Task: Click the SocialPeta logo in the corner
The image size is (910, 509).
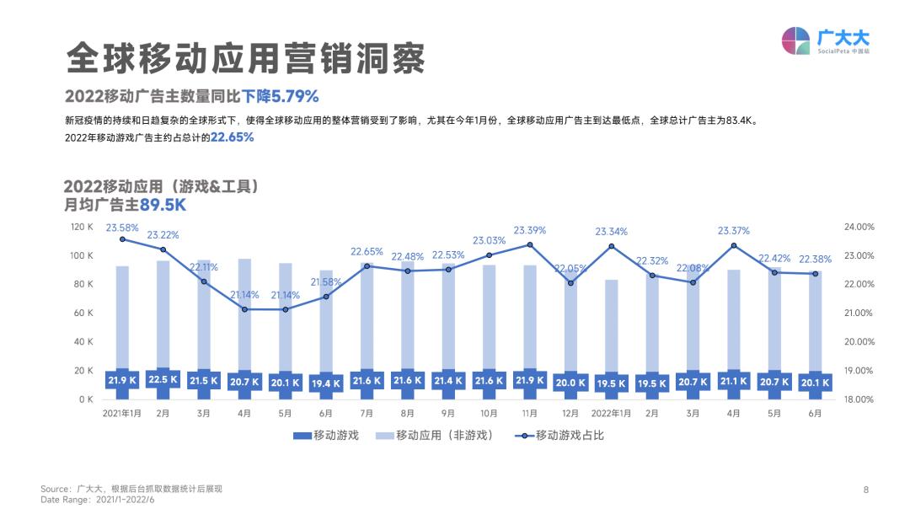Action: pos(826,40)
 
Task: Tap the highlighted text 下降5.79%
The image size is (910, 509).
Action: pos(281,95)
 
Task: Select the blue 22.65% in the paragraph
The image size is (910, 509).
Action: pos(233,137)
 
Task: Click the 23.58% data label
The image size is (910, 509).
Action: pos(122,228)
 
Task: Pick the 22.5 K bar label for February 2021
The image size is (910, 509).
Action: pos(163,380)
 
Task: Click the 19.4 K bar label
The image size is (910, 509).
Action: pos(325,383)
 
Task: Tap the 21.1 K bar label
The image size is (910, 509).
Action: pos(733,381)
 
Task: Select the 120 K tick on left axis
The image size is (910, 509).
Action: pos(82,227)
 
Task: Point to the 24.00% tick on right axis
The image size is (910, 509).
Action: pos(859,227)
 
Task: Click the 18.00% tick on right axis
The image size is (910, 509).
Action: pos(859,399)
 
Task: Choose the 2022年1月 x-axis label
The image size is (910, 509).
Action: pos(611,414)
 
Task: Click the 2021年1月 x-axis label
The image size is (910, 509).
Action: pos(122,414)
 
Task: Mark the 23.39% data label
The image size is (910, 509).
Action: pos(530,230)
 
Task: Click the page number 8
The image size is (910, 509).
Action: pos(865,490)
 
